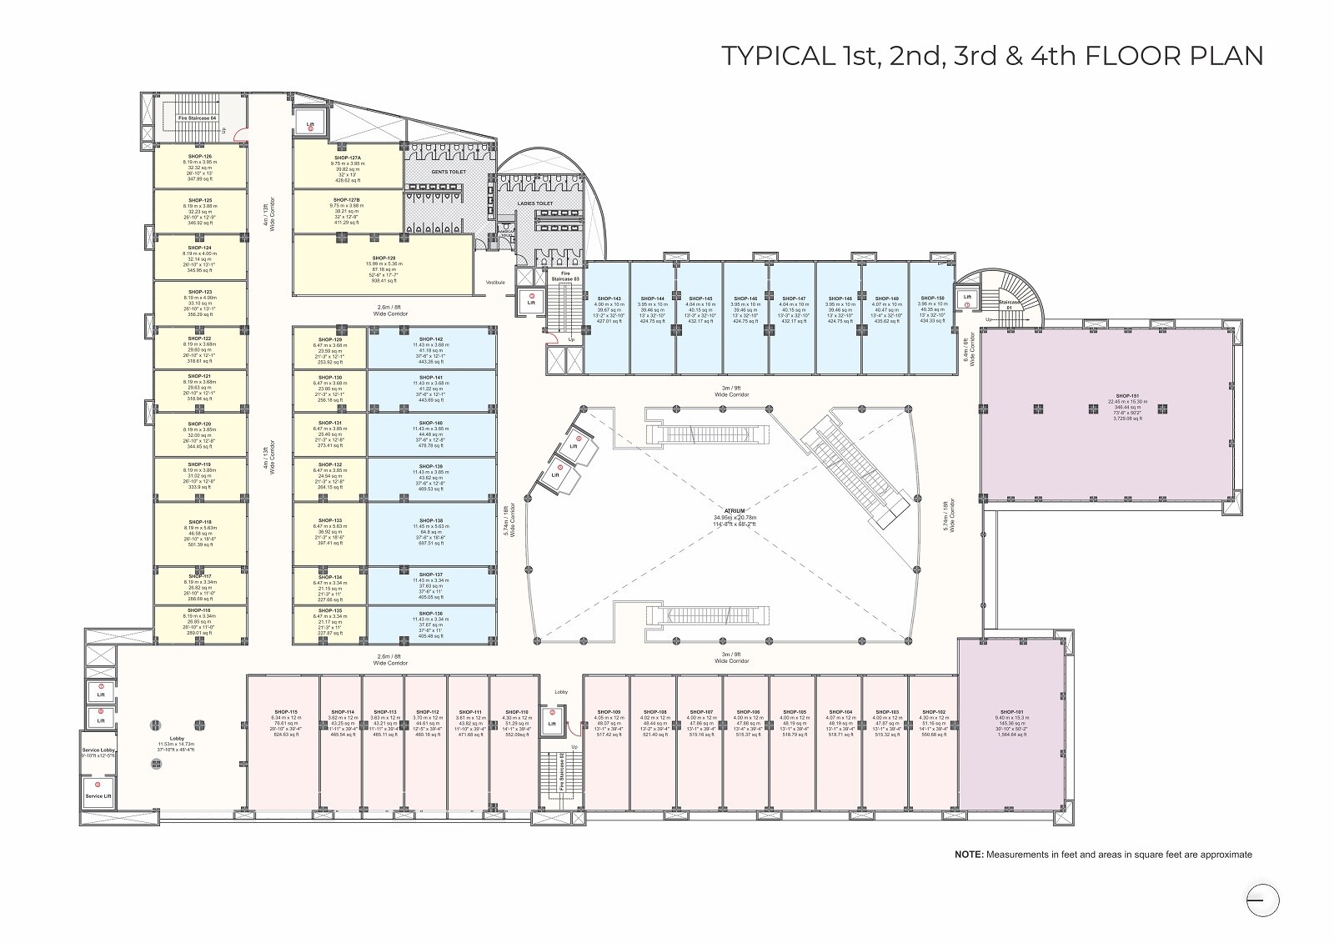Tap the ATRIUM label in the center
coord(734,510)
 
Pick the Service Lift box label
coord(98,795)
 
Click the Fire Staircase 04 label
coord(198,118)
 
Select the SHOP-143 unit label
coord(607,298)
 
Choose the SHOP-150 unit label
coord(932,298)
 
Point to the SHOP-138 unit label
coord(431,520)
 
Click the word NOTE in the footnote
coord(968,855)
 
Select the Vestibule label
coord(495,283)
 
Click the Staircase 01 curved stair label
coord(1009,304)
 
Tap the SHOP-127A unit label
coord(347,157)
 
